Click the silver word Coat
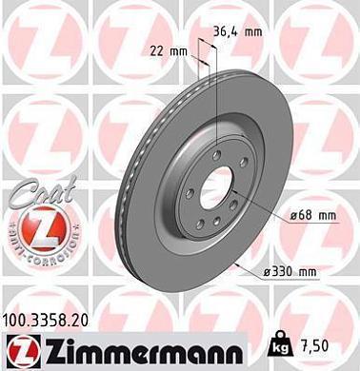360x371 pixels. [33, 195]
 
